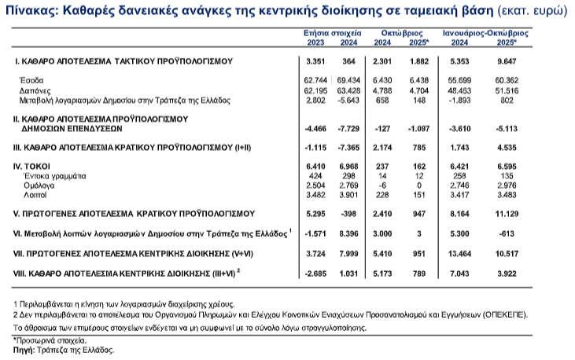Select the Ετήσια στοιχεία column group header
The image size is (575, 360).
click(x=333, y=35)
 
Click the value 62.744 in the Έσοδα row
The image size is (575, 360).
click(x=315, y=81)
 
